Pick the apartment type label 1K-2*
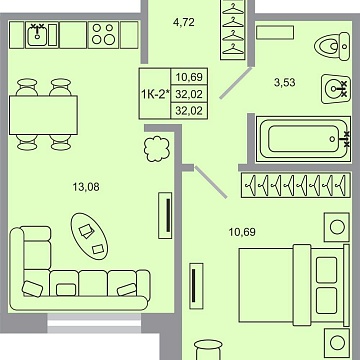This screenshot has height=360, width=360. pos(155,94)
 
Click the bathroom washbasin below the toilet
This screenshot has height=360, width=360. pos(334,88)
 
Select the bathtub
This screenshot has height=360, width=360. pos(301,139)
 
